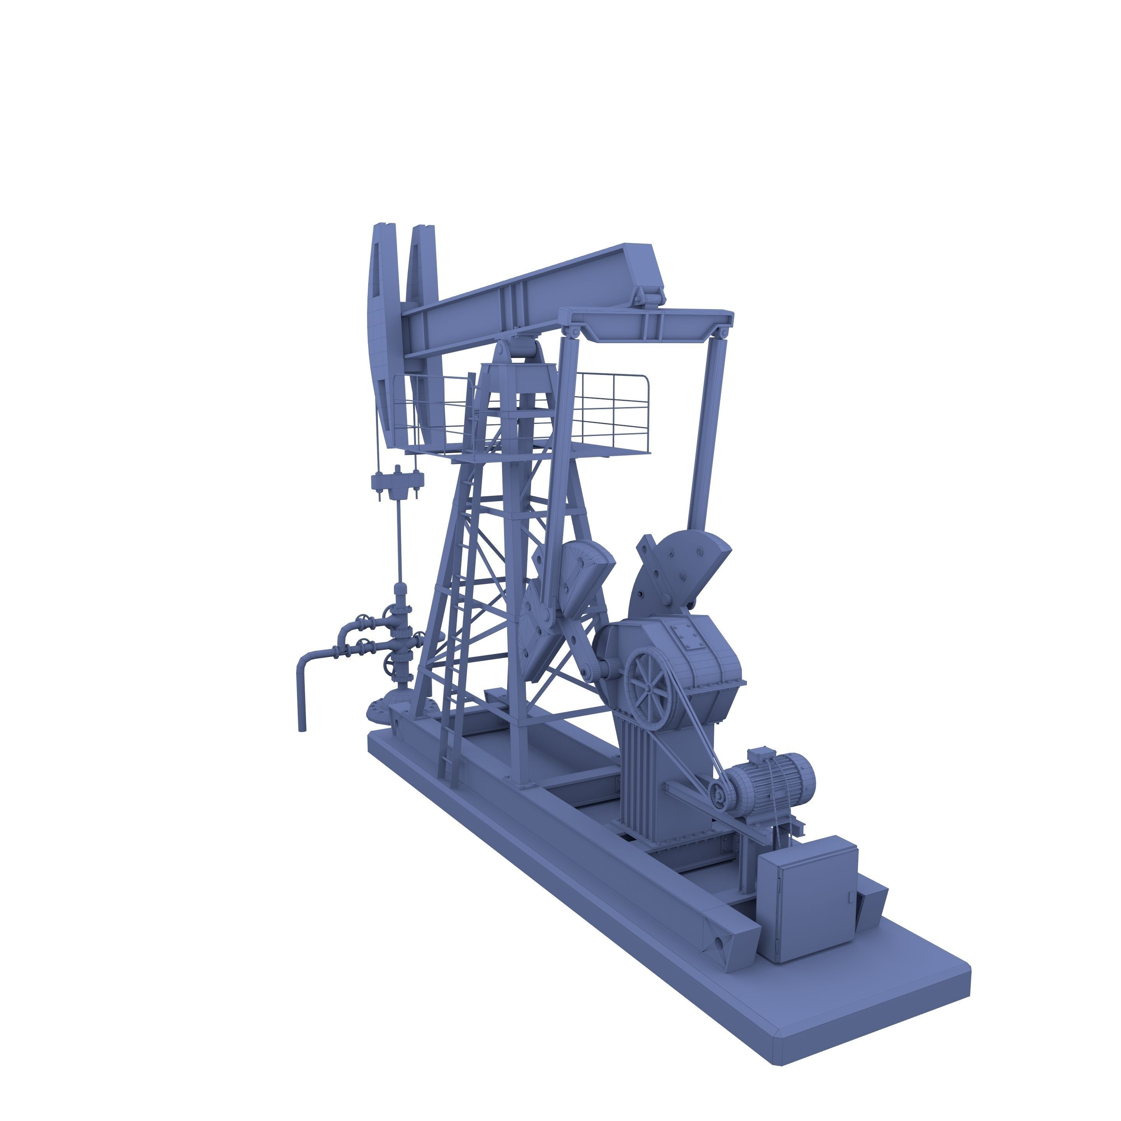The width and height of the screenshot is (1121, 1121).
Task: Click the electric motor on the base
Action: [x=772, y=780]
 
